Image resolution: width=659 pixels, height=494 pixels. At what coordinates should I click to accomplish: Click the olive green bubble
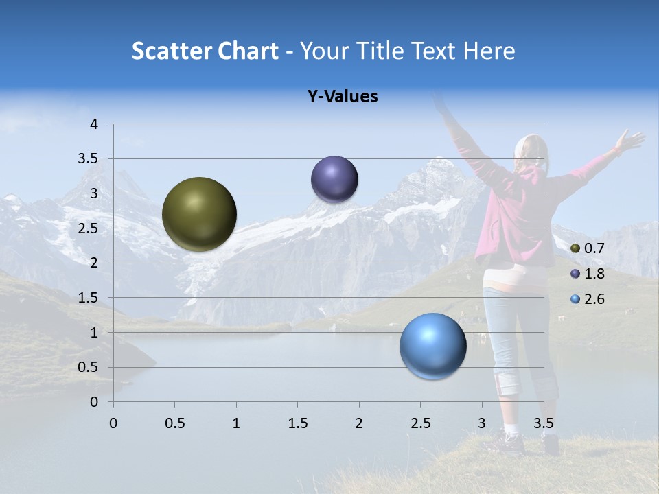click(199, 214)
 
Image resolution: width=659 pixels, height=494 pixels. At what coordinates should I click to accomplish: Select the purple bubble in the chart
click(334, 179)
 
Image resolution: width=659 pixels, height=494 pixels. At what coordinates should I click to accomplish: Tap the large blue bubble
click(432, 346)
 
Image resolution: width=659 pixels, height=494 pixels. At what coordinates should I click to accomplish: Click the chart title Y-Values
click(342, 97)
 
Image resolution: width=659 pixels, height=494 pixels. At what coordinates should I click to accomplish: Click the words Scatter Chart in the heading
click(205, 51)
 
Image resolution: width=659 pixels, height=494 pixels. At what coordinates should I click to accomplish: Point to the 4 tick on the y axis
click(95, 124)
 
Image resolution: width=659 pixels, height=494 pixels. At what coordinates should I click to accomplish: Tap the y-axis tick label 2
click(95, 263)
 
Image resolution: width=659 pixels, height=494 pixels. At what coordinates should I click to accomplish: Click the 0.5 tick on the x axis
click(174, 423)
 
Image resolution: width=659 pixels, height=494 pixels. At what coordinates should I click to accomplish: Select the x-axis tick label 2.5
click(420, 423)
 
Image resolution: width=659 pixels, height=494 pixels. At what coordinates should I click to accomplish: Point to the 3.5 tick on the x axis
click(543, 423)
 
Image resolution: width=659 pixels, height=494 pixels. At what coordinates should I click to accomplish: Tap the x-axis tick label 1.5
click(297, 423)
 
